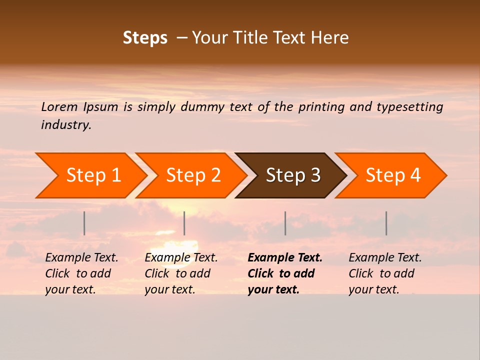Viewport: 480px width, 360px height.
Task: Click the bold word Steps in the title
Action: pyautogui.click(x=145, y=38)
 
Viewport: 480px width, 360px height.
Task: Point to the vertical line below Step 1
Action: pyautogui.click(x=84, y=223)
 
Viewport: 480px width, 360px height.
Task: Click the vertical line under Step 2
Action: pyautogui.click(x=184, y=223)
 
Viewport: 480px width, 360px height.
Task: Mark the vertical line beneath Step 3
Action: pyautogui.click(x=285, y=223)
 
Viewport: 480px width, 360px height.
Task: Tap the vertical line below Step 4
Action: pyautogui.click(x=386, y=223)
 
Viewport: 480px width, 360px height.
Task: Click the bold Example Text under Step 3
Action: pyautogui.click(x=285, y=257)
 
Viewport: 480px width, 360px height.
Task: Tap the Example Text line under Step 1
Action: pyautogui.click(x=81, y=257)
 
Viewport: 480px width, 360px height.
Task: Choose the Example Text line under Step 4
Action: pyautogui.click(x=385, y=257)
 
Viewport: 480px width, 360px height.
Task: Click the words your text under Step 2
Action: pyautogui.click(x=169, y=289)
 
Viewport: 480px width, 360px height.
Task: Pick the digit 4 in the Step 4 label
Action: pyautogui.click(x=415, y=175)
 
